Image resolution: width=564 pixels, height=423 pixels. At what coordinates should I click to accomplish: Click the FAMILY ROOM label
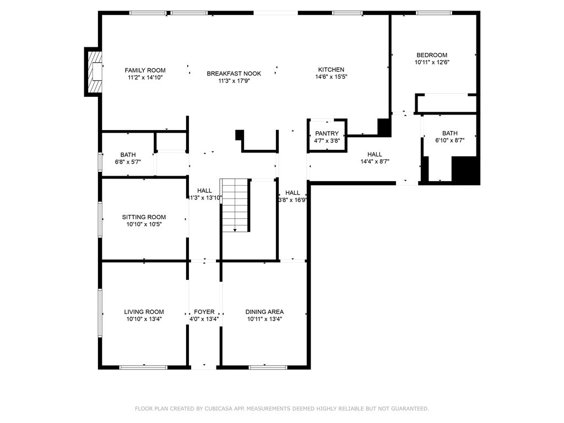pos(145,70)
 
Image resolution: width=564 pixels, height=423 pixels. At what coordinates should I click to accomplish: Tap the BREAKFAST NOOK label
pos(234,74)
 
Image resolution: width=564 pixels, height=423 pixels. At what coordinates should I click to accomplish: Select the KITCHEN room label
pos(331,70)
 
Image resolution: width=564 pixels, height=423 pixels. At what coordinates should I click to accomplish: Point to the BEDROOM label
pos(431,55)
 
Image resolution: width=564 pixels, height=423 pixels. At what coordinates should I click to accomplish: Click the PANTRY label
pos(327,134)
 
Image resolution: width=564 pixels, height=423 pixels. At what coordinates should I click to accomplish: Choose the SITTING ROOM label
pos(144,217)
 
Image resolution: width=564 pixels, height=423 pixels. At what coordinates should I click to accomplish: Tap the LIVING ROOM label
pos(144,312)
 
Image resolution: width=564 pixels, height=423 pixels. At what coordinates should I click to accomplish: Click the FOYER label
pos(204,312)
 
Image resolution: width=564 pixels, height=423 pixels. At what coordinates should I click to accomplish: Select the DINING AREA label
pos(264,312)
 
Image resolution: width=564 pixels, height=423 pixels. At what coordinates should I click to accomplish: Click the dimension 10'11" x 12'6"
pos(432,63)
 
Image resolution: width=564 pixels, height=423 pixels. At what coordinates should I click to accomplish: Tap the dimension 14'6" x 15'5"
pos(331,77)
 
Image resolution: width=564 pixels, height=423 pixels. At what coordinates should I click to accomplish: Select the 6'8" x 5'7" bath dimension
pos(128,162)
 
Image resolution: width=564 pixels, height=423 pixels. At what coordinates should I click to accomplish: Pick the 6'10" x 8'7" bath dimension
pos(449,140)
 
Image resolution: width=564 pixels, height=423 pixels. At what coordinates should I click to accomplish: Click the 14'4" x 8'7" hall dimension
pos(375,162)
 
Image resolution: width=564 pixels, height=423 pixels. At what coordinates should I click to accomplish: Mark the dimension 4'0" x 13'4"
pos(204,319)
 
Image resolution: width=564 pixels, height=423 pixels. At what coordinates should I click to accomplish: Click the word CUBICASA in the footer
pos(219,409)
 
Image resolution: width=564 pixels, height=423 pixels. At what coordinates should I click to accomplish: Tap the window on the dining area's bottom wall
pos(268,367)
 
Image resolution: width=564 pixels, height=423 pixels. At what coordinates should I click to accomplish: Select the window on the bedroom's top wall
pos(433,13)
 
